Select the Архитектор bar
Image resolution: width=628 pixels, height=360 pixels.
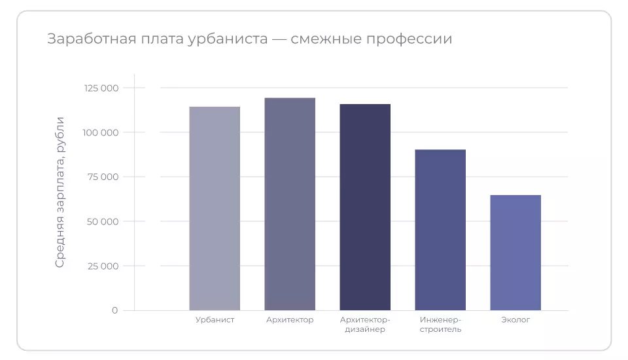coord(290,204)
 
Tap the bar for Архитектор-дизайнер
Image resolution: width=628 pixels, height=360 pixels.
coord(365,207)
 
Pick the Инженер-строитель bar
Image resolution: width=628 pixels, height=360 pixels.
coord(440,230)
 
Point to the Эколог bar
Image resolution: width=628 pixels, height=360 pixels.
coord(515,253)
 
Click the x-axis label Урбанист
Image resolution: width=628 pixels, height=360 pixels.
coord(215,320)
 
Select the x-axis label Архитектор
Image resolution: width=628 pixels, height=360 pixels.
coord(290,320)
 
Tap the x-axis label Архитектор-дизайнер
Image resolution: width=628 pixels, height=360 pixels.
coord(365,325)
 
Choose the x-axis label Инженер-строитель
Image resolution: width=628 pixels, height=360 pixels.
coord(440,325)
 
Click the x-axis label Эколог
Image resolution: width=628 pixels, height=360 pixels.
coord(515,320)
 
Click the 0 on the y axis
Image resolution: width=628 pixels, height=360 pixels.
coord(114,311)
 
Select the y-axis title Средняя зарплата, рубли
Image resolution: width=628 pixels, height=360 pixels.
coord(60,192)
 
